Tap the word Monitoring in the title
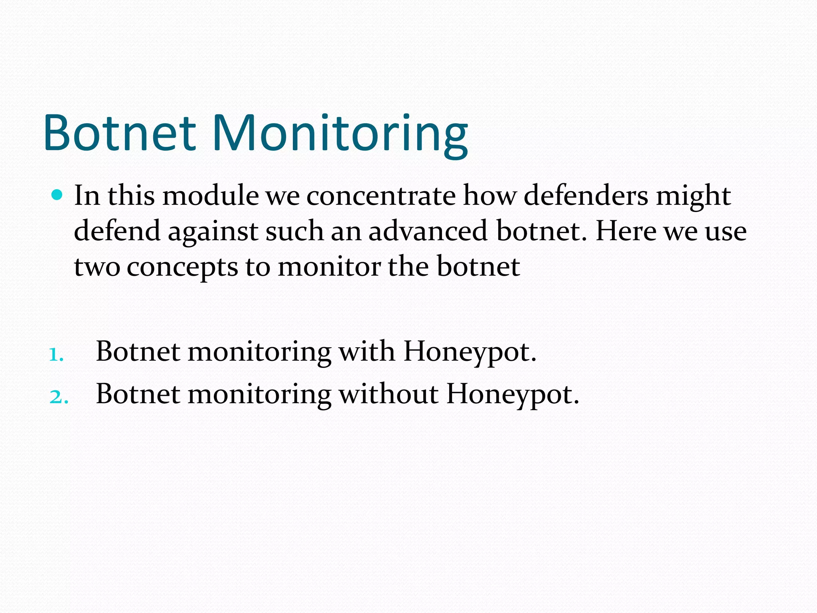click(x=340, y=134)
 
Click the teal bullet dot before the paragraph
click(x=57, y=195)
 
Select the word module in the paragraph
click(x=210, y=196)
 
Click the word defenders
click(x=585, y=196)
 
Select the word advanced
click(x=428, y=231)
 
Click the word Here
click(x=625, y=231)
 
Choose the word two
click(x=97, y=267)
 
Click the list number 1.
click(x=56, y=354)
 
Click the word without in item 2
click(x=388, y=394)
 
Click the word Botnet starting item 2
click(x=138, y=394)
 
